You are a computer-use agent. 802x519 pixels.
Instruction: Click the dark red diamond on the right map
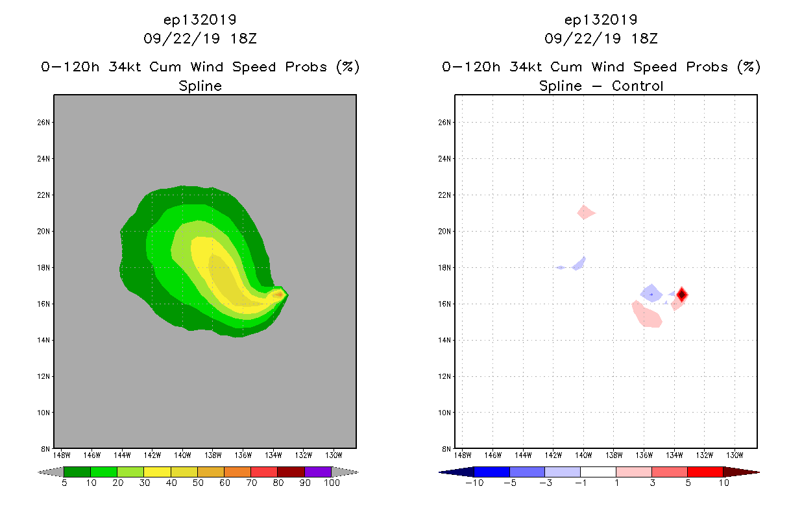click(682, 295)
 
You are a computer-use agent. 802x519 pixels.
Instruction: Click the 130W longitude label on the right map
click(735, 455)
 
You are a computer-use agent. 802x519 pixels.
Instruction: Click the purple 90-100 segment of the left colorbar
click(318, 472)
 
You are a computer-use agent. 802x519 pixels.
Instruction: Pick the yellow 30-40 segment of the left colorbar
click(157, 472)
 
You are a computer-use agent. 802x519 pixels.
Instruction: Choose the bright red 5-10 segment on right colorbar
click(705, 472)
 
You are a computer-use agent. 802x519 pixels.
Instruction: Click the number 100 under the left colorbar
click(332, 483)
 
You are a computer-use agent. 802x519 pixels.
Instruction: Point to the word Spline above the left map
click(200, 86)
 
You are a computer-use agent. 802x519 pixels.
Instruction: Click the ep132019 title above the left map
click(200, 20)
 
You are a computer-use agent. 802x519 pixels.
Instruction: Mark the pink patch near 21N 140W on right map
click(585, 212)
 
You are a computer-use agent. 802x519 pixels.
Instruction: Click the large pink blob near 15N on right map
click(647, 315)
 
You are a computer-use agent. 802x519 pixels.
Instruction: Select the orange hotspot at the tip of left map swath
click(278, 295)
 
